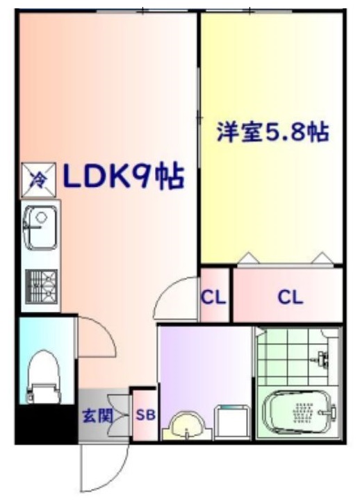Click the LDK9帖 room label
(x=124, y=177)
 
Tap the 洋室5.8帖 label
(x=272, y=132)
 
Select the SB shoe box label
(x=145, y=416)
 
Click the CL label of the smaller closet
(x=213, y=298)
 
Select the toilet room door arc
(x=97, y=337)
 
